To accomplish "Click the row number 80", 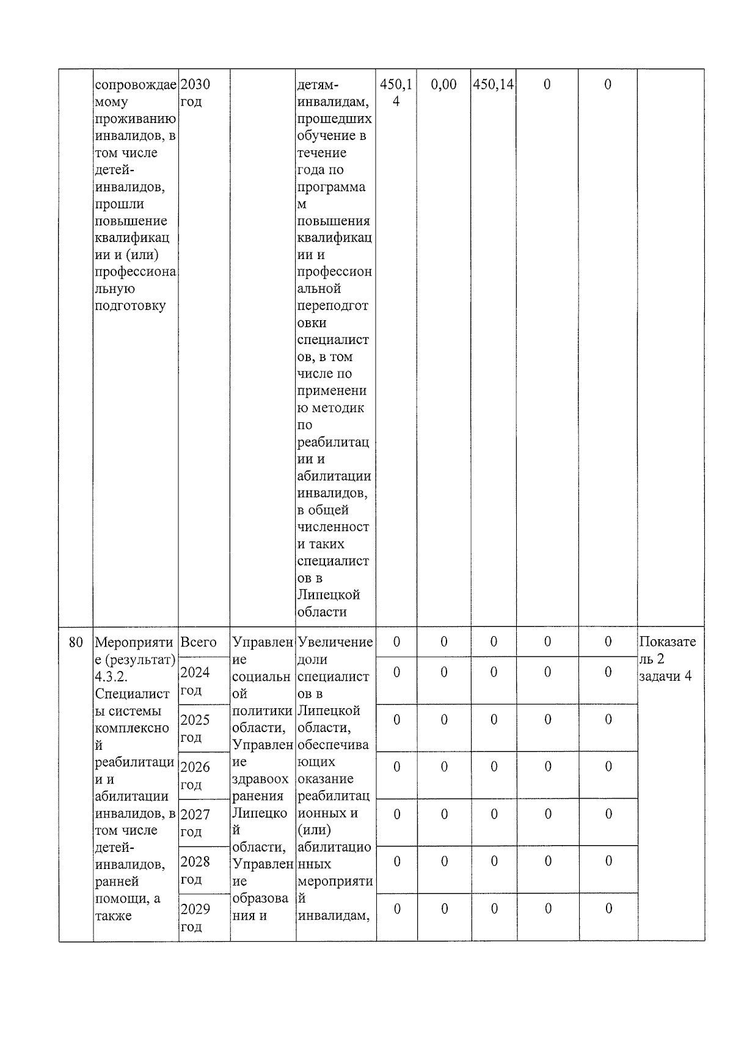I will tap(76, 642).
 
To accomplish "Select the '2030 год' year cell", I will tap(195, 92).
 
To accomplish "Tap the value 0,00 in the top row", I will tap(443, 84).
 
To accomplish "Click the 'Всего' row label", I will tap(198, 642).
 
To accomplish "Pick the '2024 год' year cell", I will tap(195, 681).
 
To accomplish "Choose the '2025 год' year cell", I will tap(195, 728).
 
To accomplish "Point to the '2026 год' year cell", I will tap(195, 775).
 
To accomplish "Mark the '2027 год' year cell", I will tap(195, 823).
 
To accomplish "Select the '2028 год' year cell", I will tap(195, 870).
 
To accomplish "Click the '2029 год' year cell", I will tap(195, 917).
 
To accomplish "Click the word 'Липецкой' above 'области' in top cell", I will tap(328, 595).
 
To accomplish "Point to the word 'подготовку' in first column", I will tap(130, 306).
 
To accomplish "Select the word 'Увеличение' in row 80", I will tap(335, 642).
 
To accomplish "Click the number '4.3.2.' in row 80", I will tap(111, 677).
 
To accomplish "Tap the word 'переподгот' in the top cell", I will tap(332, 306).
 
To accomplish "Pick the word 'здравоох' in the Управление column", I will tap(260, 779).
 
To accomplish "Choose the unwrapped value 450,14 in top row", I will tap(493, 84).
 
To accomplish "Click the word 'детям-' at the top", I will tap(317, 84).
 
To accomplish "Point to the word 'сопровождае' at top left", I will tap(136, 84).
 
